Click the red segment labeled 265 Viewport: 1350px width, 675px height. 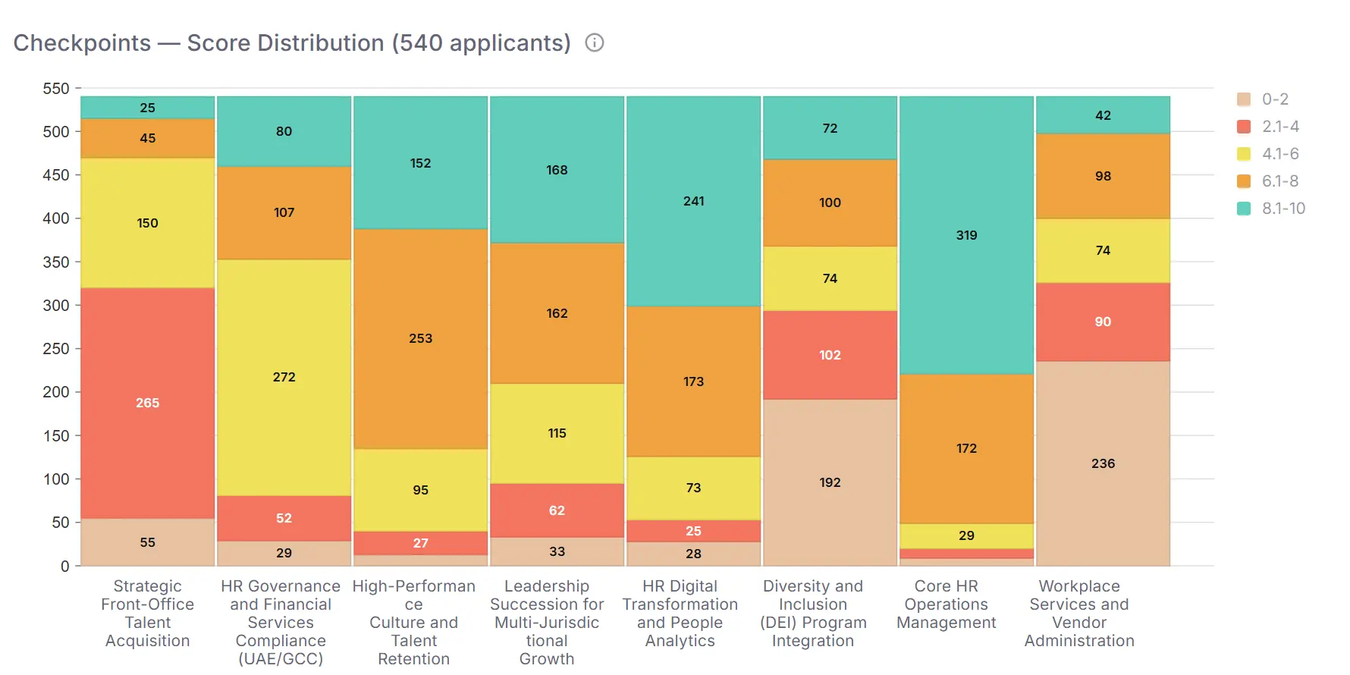click(148, 403)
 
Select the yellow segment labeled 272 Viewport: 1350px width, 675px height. click(284, 377)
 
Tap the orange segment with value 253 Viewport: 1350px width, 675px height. click(420, 338)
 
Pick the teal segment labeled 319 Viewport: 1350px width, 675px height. click(966, 235)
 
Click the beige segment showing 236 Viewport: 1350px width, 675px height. click(1103, 463)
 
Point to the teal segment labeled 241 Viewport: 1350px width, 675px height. click(693, 201)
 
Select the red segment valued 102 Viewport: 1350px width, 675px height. click(830, 355)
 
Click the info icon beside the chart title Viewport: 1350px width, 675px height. click(595, 43)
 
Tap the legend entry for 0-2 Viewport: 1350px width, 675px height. click(1274, 99)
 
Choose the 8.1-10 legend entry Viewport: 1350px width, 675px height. click(1282, 209)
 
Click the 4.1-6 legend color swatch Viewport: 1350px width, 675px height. click(1244, 154)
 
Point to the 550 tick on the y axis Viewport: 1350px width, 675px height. click(56, 89)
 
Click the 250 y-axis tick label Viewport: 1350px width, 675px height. click(56, 349)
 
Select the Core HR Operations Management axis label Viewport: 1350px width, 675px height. click(946, 604)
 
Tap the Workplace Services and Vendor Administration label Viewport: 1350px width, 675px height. click(1079, 614)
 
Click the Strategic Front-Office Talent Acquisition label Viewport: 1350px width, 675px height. click(148, 614)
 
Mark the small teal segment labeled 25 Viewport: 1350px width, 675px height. click(148, 108)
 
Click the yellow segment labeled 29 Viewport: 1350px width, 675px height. click(966, 535)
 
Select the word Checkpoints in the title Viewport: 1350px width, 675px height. click(82, 43)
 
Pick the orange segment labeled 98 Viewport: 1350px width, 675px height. click(1103, 176)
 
